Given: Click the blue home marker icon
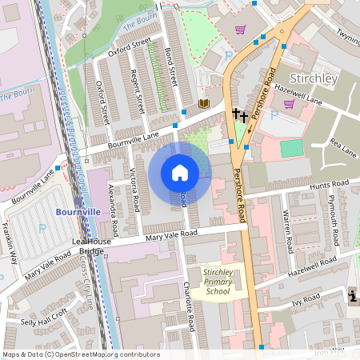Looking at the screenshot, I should coord(180,173).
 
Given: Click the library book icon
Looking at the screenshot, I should coord(203,104).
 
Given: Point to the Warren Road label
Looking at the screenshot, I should coord(286,227).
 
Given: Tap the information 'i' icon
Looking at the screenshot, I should coord(354,296).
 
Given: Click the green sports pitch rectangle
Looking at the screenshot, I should coord(292,148).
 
